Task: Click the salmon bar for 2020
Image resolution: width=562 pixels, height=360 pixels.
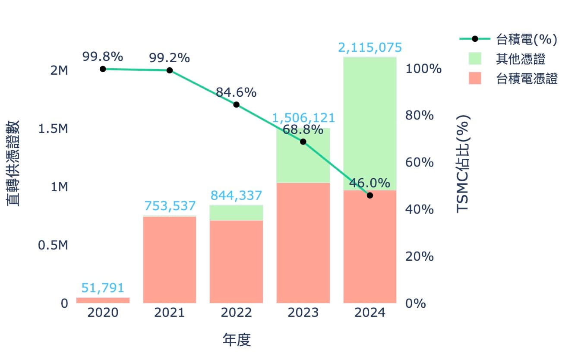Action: click(x=103, y=300)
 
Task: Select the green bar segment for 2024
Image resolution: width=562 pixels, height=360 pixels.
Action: click(x=369, y=123)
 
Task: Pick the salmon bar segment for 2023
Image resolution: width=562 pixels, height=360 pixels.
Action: click(x=303, y=243)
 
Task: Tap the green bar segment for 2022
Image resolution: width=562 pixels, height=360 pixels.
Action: click(x=236, y=212)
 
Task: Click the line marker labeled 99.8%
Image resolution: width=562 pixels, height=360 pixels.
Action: click(x=103, y=69)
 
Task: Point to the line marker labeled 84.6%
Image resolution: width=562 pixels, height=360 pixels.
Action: click(x=236, y=104)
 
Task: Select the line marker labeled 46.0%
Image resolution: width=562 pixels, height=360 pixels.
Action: click(x=369, y=195)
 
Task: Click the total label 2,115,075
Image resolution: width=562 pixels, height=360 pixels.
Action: click(x=369, y=47)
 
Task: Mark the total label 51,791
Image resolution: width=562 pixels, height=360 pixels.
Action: click(x=103, y=288)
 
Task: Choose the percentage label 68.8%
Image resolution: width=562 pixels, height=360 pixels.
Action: click(x=303, y=129)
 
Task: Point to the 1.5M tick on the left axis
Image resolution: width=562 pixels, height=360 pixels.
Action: click(x=53, y=129)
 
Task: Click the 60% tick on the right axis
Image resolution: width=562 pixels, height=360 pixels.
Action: click(x=420, y=163)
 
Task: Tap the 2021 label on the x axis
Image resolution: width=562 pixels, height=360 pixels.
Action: click(x=169, y=313)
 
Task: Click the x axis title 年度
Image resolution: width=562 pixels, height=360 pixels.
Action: click(x=237, y=340)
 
